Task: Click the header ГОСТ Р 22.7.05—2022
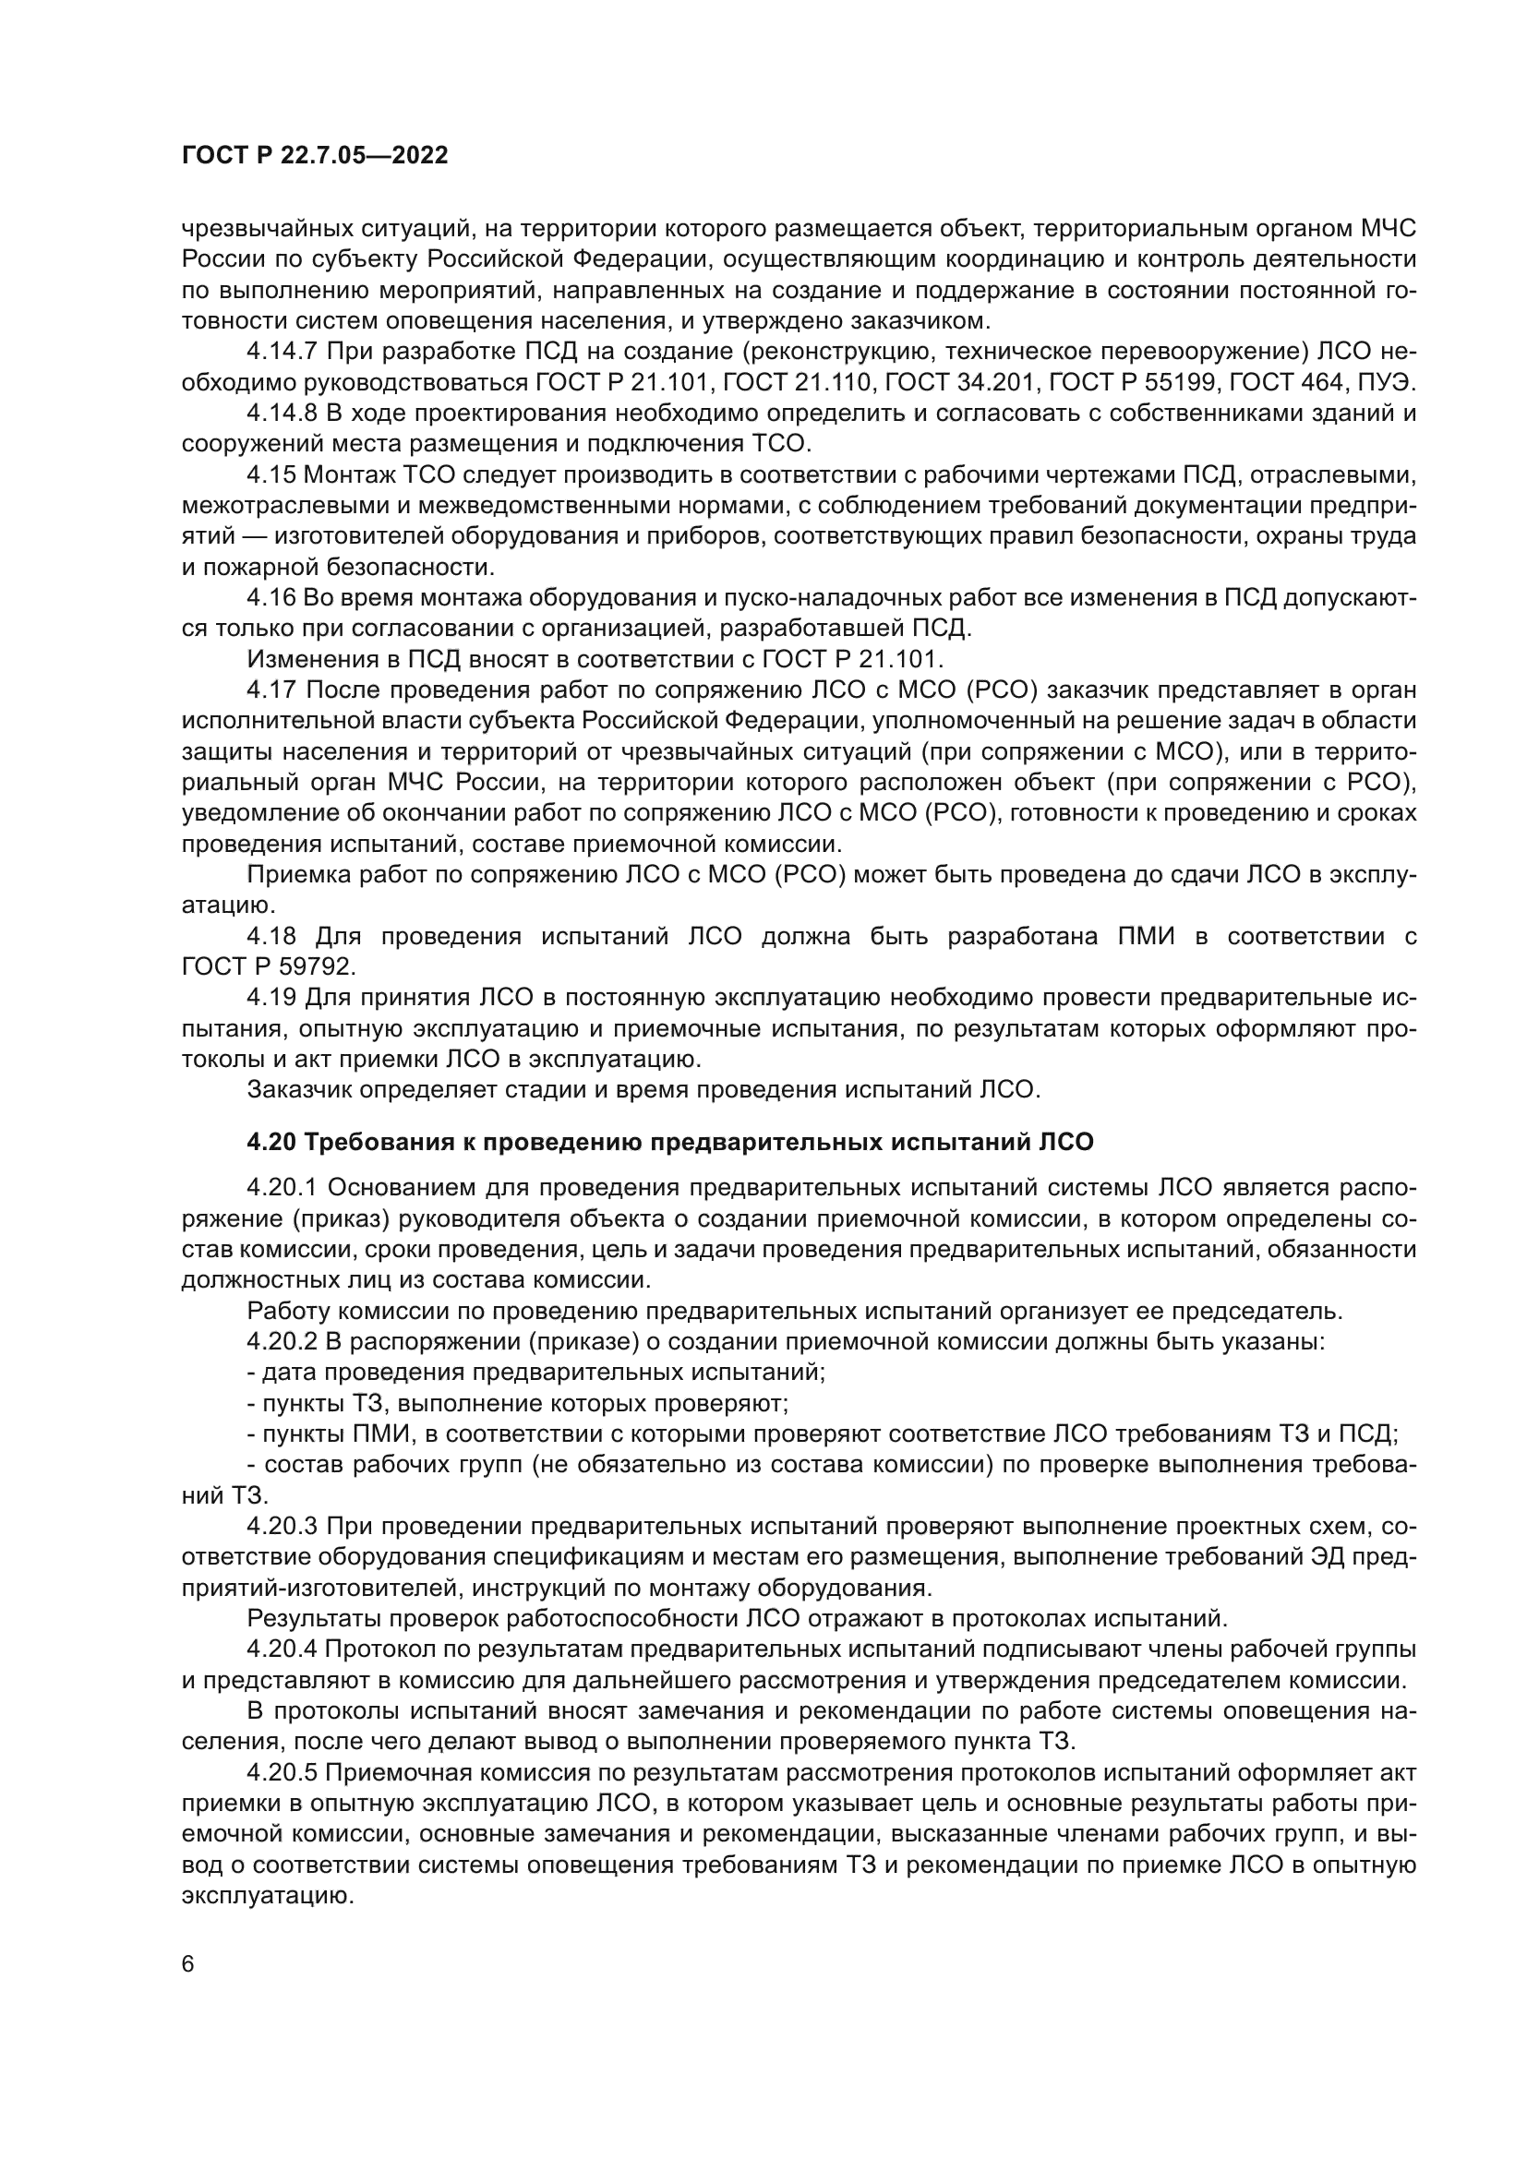(x=314, y=156)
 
